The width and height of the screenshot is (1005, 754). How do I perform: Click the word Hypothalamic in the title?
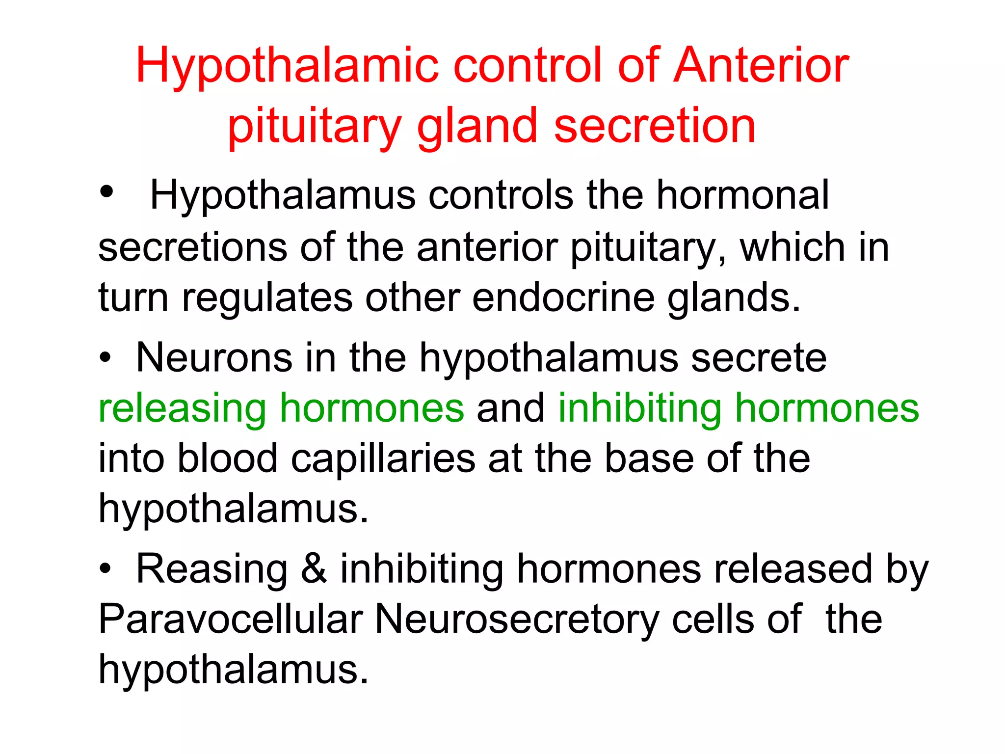pos(287,66)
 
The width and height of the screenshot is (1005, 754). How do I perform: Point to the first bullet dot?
pos(106,191)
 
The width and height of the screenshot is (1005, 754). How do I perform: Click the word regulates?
pos(267,298)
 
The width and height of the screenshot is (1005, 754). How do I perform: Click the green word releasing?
pos(183,409)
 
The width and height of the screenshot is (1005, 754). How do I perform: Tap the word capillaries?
pos(383,459)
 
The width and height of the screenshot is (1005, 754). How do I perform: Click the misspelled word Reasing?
pos(212,569)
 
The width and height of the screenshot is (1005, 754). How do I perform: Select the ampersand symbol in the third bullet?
pos(314,569)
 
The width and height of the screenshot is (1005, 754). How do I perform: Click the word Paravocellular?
pos(231,619)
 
